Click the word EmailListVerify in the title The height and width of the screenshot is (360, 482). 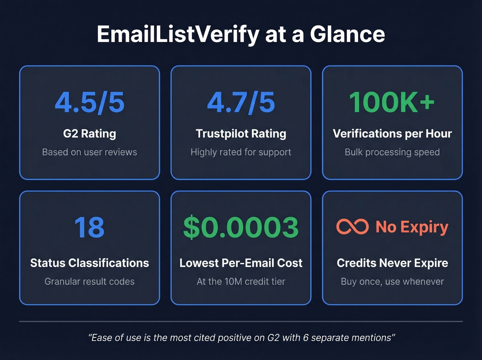178,34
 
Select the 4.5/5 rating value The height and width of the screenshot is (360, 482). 90,102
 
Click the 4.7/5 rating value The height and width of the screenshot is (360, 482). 241,102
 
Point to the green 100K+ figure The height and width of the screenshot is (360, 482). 392,102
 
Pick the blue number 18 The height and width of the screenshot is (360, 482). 90,227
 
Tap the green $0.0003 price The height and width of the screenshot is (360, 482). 241,227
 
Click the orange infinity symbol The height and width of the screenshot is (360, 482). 352,227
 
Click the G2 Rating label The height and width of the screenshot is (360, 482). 90,134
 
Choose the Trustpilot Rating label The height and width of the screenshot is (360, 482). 241,134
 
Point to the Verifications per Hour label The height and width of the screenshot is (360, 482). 392,134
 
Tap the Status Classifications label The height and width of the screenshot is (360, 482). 90,263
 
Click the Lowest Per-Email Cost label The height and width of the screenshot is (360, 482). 241,263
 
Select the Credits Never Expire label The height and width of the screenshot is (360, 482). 392,263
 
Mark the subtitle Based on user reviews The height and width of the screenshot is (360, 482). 90,152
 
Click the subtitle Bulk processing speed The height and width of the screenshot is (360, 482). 392,152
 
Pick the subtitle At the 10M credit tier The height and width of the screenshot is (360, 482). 241,282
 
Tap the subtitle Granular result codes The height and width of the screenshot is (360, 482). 90,282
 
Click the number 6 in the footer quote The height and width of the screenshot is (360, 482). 306,338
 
